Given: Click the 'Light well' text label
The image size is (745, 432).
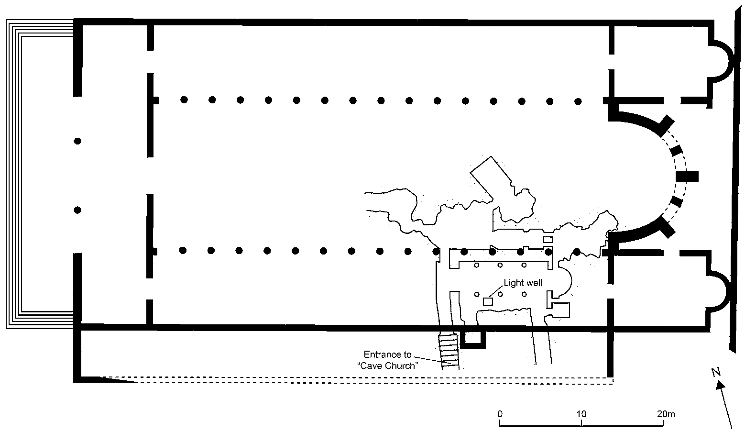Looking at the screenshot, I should [x=523, y=283].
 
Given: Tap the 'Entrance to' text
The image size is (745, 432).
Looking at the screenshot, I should [x=387, y=354].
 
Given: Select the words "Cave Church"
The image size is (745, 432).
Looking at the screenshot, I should [x=388, y=366].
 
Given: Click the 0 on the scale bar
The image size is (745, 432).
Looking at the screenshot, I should [x=500, y=414].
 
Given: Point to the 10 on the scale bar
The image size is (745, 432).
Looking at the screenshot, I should [x=581, y=414].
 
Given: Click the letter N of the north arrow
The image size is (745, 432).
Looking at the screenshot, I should [x=716, y=372].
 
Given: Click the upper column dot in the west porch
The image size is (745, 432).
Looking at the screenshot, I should [x=77, y=141].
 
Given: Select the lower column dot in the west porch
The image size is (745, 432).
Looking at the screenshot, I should [x=77, y=210].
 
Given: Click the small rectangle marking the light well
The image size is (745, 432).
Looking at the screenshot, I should [x=488, y=301].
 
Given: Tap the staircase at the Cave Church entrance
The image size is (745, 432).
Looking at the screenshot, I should [x=449, y=351].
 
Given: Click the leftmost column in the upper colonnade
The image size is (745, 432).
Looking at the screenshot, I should [x=184, y=100].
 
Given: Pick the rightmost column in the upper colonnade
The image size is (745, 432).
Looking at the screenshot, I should [x=578, y=101].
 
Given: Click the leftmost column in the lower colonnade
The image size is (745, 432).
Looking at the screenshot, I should [x=182, y=250].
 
